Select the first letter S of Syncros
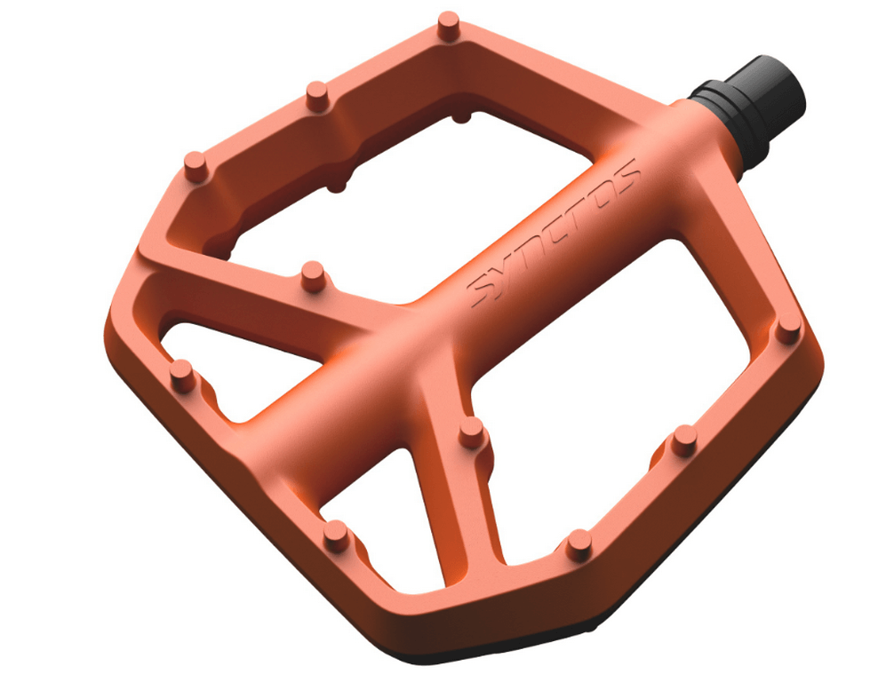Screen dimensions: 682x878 coord(483,289)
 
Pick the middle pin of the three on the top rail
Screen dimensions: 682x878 coord(317,92)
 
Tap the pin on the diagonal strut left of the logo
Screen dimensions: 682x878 coord(312,273)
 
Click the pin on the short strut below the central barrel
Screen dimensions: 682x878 coord(471,430)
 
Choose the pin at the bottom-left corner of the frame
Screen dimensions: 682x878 coord(335,532)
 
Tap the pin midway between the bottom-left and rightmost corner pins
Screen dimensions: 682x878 coord(579,539)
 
